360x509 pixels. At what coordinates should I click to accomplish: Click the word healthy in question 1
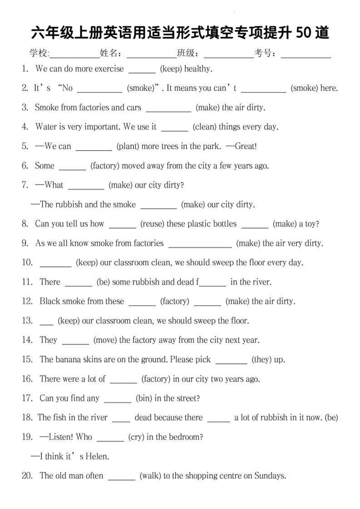click(x=198, y=69)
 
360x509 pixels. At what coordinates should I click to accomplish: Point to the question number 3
click(x=25, y=108)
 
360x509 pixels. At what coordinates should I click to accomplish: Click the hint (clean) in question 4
click(x=205, y=127)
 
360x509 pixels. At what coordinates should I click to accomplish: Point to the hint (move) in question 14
click(x=104, y=340)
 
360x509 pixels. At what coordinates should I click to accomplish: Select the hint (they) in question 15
click(x=262, y=360)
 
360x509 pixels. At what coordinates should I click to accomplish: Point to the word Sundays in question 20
click(x=269, y=476)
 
